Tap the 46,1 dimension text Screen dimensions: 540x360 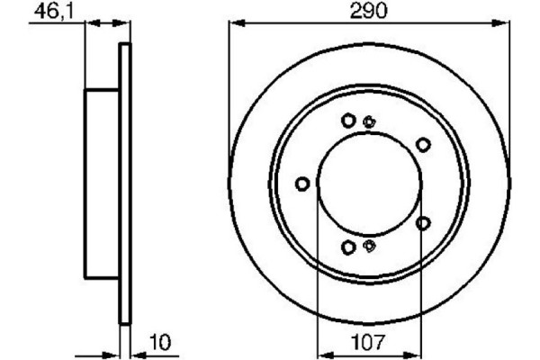click(x=54, y=12)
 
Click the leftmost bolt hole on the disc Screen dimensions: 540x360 click(x=302, y=184)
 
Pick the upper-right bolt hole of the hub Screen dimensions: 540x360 click(x=423, y=144)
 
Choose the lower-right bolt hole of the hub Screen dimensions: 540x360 click(x=423, y=223)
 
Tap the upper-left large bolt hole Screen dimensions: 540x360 click(x=348, y=121)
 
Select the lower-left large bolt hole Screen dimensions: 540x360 click(x=348, y=247)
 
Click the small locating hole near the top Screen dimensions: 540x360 click(x=369, y=121)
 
